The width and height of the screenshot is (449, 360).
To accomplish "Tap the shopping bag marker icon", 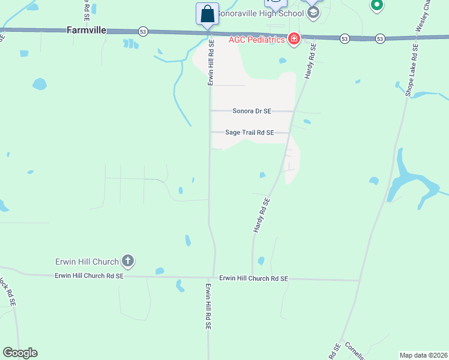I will click(207, 13).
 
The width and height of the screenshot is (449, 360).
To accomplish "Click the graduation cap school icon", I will click(312, 13).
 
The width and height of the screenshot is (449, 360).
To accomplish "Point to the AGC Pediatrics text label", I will click(256, 40).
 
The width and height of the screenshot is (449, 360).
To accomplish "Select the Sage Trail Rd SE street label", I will click(249, 133).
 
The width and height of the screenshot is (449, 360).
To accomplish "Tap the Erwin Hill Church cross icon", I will click(128, 260).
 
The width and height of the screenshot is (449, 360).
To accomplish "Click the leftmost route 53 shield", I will click(142, 31).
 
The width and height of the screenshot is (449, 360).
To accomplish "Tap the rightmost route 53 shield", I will click(380, 38).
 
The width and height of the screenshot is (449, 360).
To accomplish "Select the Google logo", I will click(20, 353).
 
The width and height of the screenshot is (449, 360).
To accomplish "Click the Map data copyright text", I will click(423, 355).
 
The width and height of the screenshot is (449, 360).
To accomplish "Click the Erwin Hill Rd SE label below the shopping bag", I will click(211, 63).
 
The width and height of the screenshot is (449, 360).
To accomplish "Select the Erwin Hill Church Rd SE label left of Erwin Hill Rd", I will click(89, 275).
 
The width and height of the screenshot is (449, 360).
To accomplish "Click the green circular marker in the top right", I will click(376, 6).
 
